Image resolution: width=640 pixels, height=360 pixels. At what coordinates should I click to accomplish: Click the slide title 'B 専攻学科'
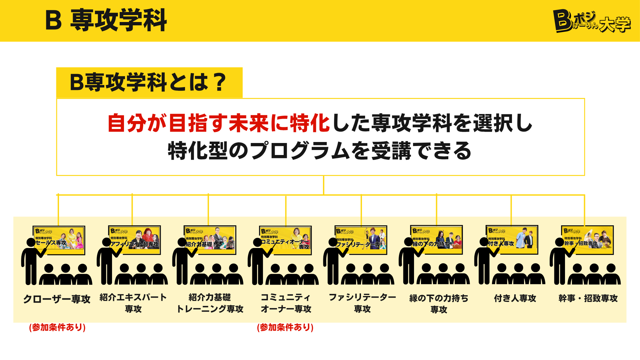[x=106, y=20]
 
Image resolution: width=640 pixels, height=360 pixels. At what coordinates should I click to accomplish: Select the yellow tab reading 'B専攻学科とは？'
[x=149, y=82]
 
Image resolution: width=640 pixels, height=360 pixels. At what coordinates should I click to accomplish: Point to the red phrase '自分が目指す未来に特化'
[x=219, y=123]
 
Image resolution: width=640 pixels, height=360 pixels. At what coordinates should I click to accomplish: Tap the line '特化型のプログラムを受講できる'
[x=320, y=151]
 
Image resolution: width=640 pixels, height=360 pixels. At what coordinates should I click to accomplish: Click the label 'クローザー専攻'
[x=57, y=299]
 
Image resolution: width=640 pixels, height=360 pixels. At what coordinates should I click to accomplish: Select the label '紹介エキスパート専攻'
[x=133, y=303]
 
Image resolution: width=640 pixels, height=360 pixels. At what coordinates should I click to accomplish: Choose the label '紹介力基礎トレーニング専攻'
[x=210, y=303]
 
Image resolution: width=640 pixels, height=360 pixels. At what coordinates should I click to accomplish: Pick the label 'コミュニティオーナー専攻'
[x=286, y=303]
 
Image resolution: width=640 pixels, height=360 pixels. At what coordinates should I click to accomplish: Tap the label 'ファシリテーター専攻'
[x=362, y=303]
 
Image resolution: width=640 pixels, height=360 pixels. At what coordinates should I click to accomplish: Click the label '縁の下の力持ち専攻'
[x=439, y=304]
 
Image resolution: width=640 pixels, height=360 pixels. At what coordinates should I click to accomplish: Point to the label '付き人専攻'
[x=515, y=298]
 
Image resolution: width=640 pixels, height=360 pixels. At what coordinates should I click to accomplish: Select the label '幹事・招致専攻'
[x=588, y=298]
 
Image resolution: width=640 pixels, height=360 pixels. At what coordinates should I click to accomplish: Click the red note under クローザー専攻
[x=57, y=327]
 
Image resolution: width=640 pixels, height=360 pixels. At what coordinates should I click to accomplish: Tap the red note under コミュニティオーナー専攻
[x=285, y=327]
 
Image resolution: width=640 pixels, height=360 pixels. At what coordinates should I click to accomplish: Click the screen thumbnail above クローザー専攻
[x=59, y=240]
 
